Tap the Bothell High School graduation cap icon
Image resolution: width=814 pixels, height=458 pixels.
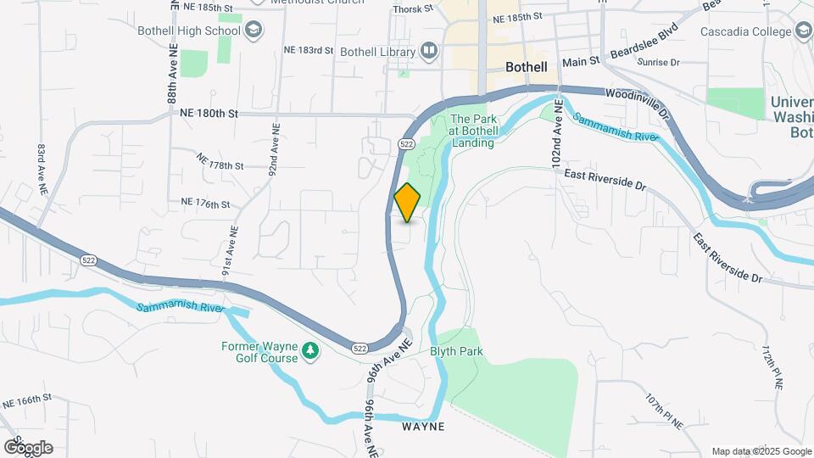coord(252,31)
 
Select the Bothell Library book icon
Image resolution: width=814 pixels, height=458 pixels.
coord(429,52)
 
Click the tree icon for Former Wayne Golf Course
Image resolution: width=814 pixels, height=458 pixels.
coord(311,351)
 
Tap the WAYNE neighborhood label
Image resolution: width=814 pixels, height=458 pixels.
coord(423,427)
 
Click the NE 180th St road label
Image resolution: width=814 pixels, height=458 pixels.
coord(210,113)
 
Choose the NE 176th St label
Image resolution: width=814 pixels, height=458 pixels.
coord(205,204)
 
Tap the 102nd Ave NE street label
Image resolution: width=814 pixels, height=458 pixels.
coord(558,135)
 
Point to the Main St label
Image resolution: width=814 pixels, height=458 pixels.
coord(581,62)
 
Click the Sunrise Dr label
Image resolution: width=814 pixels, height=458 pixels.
coord(659,63)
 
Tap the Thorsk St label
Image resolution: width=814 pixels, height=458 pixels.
coord(413,10)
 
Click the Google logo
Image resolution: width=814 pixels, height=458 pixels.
coord(28,447)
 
